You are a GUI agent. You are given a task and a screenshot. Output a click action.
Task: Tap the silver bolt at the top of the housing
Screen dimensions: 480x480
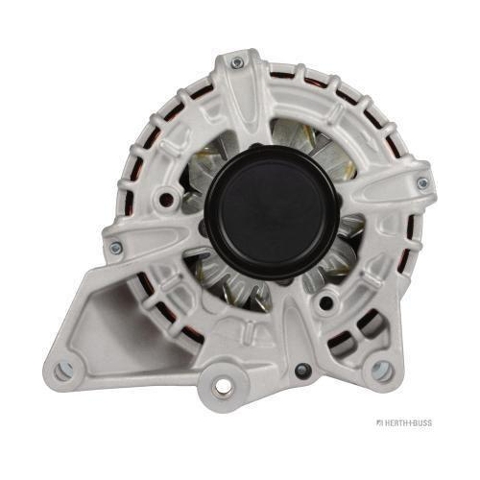tap(237, 63)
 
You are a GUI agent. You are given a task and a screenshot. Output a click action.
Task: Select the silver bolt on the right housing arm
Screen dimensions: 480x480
tap(423, 183)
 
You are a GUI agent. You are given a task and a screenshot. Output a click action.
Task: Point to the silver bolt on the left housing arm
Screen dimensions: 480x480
tap(116, 248)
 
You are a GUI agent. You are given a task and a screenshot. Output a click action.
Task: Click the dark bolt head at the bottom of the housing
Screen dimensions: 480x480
tap(303, 371)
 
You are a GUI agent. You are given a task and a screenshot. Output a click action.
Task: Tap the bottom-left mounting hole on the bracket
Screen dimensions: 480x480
tap(63, 371)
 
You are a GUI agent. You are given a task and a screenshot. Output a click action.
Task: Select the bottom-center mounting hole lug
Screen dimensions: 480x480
tap(223, 387)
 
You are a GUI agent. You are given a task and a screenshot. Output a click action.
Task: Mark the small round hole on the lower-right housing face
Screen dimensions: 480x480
tap(325, 301)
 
